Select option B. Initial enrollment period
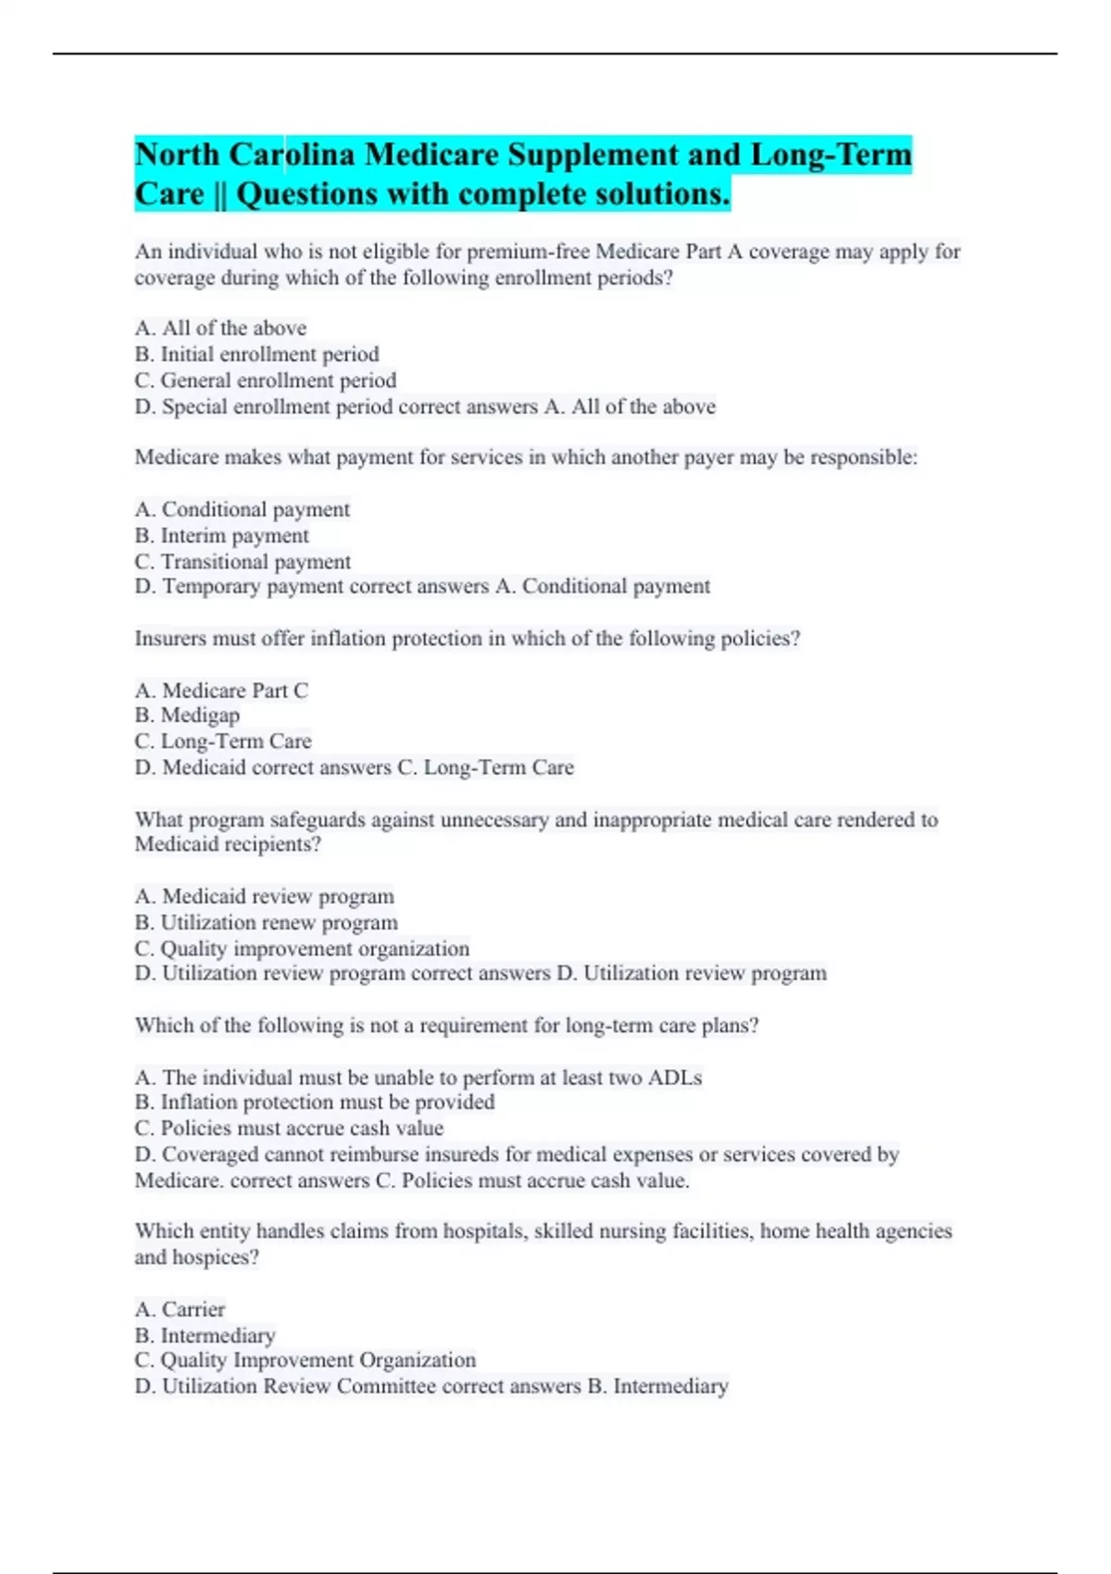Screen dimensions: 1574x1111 [256, 354]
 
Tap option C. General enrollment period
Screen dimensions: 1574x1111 [265, 381]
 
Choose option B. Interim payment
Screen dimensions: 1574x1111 [221, 535]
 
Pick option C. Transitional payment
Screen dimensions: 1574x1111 [243, 562]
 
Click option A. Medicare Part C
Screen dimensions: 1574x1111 [221, 691]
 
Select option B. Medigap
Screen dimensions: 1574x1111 [187, 716]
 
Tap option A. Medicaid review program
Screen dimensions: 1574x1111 [264, 896]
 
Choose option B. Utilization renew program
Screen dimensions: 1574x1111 [266, 922]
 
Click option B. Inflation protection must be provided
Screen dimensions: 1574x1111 [315, 1102]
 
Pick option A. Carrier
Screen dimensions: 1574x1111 [180, 1309]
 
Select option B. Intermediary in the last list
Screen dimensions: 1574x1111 [205, 1335]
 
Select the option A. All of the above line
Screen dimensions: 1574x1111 [220, 328]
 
